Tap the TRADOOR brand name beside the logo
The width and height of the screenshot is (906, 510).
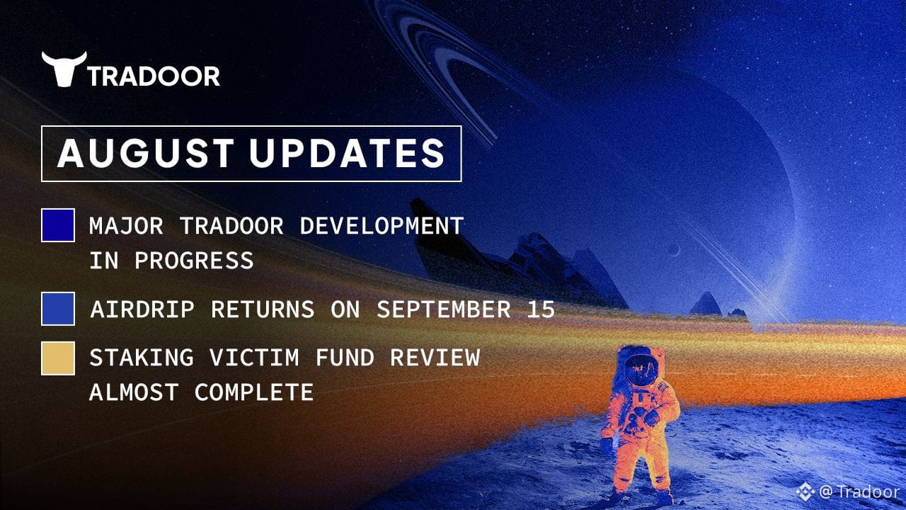click(154, 76)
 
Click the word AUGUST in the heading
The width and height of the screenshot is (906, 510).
click(146, 153)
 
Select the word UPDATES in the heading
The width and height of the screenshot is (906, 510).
click(347, 153)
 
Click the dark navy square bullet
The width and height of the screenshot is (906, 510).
click(58, 225)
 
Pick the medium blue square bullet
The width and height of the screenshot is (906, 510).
click(58, 309)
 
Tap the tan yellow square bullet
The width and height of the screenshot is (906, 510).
click(58, 358)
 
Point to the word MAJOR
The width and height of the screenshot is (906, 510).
click(126, 225)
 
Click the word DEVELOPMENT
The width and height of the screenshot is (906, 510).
click(382, 225)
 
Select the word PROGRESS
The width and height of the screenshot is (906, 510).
click(194, 260)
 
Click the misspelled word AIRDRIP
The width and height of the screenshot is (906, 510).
click(142, 310)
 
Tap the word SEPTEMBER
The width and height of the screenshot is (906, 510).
click(444, 310)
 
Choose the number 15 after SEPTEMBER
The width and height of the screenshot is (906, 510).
click(541, 310)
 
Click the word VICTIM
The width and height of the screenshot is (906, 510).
click(254, 358)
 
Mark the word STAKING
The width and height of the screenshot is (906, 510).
click(141, 358)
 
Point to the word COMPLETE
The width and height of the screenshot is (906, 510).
click(254, 392)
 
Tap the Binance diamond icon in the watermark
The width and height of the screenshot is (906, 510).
click(805, 492)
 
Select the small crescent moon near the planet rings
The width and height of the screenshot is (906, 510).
click(674, 251)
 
